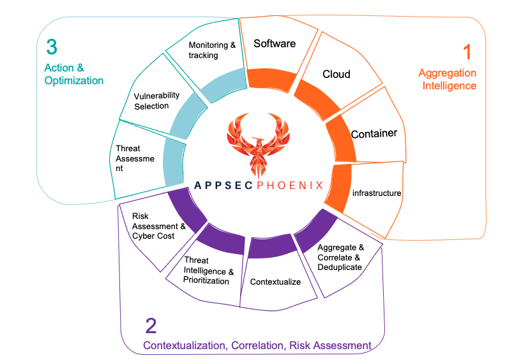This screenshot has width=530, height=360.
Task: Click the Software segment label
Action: (275, 43)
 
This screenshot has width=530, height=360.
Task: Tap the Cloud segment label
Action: (336, 74)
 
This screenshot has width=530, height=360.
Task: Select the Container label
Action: (374, 133)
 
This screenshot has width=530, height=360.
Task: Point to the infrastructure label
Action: (377, 192)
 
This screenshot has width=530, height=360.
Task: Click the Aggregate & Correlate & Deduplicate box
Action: (340, 257)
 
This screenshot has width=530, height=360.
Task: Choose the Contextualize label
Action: (275, 281)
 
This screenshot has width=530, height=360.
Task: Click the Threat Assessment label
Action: (135, 159)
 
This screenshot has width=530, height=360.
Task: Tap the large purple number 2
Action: (151, 326)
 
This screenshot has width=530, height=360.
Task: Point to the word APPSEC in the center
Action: (224, 185)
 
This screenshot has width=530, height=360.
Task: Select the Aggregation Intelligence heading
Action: (447, 79)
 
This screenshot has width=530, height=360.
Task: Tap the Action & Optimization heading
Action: (73, 74)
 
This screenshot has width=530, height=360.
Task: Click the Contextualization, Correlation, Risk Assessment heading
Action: (257, 345)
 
